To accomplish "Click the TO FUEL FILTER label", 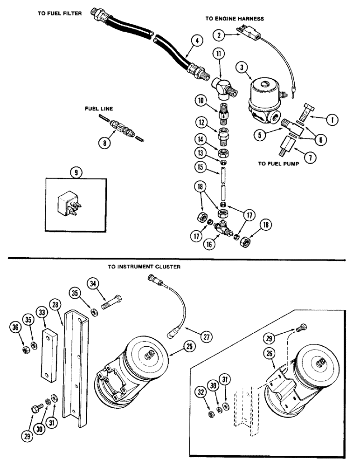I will coord(60,14).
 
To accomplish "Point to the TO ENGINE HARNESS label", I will coord(235,19).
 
